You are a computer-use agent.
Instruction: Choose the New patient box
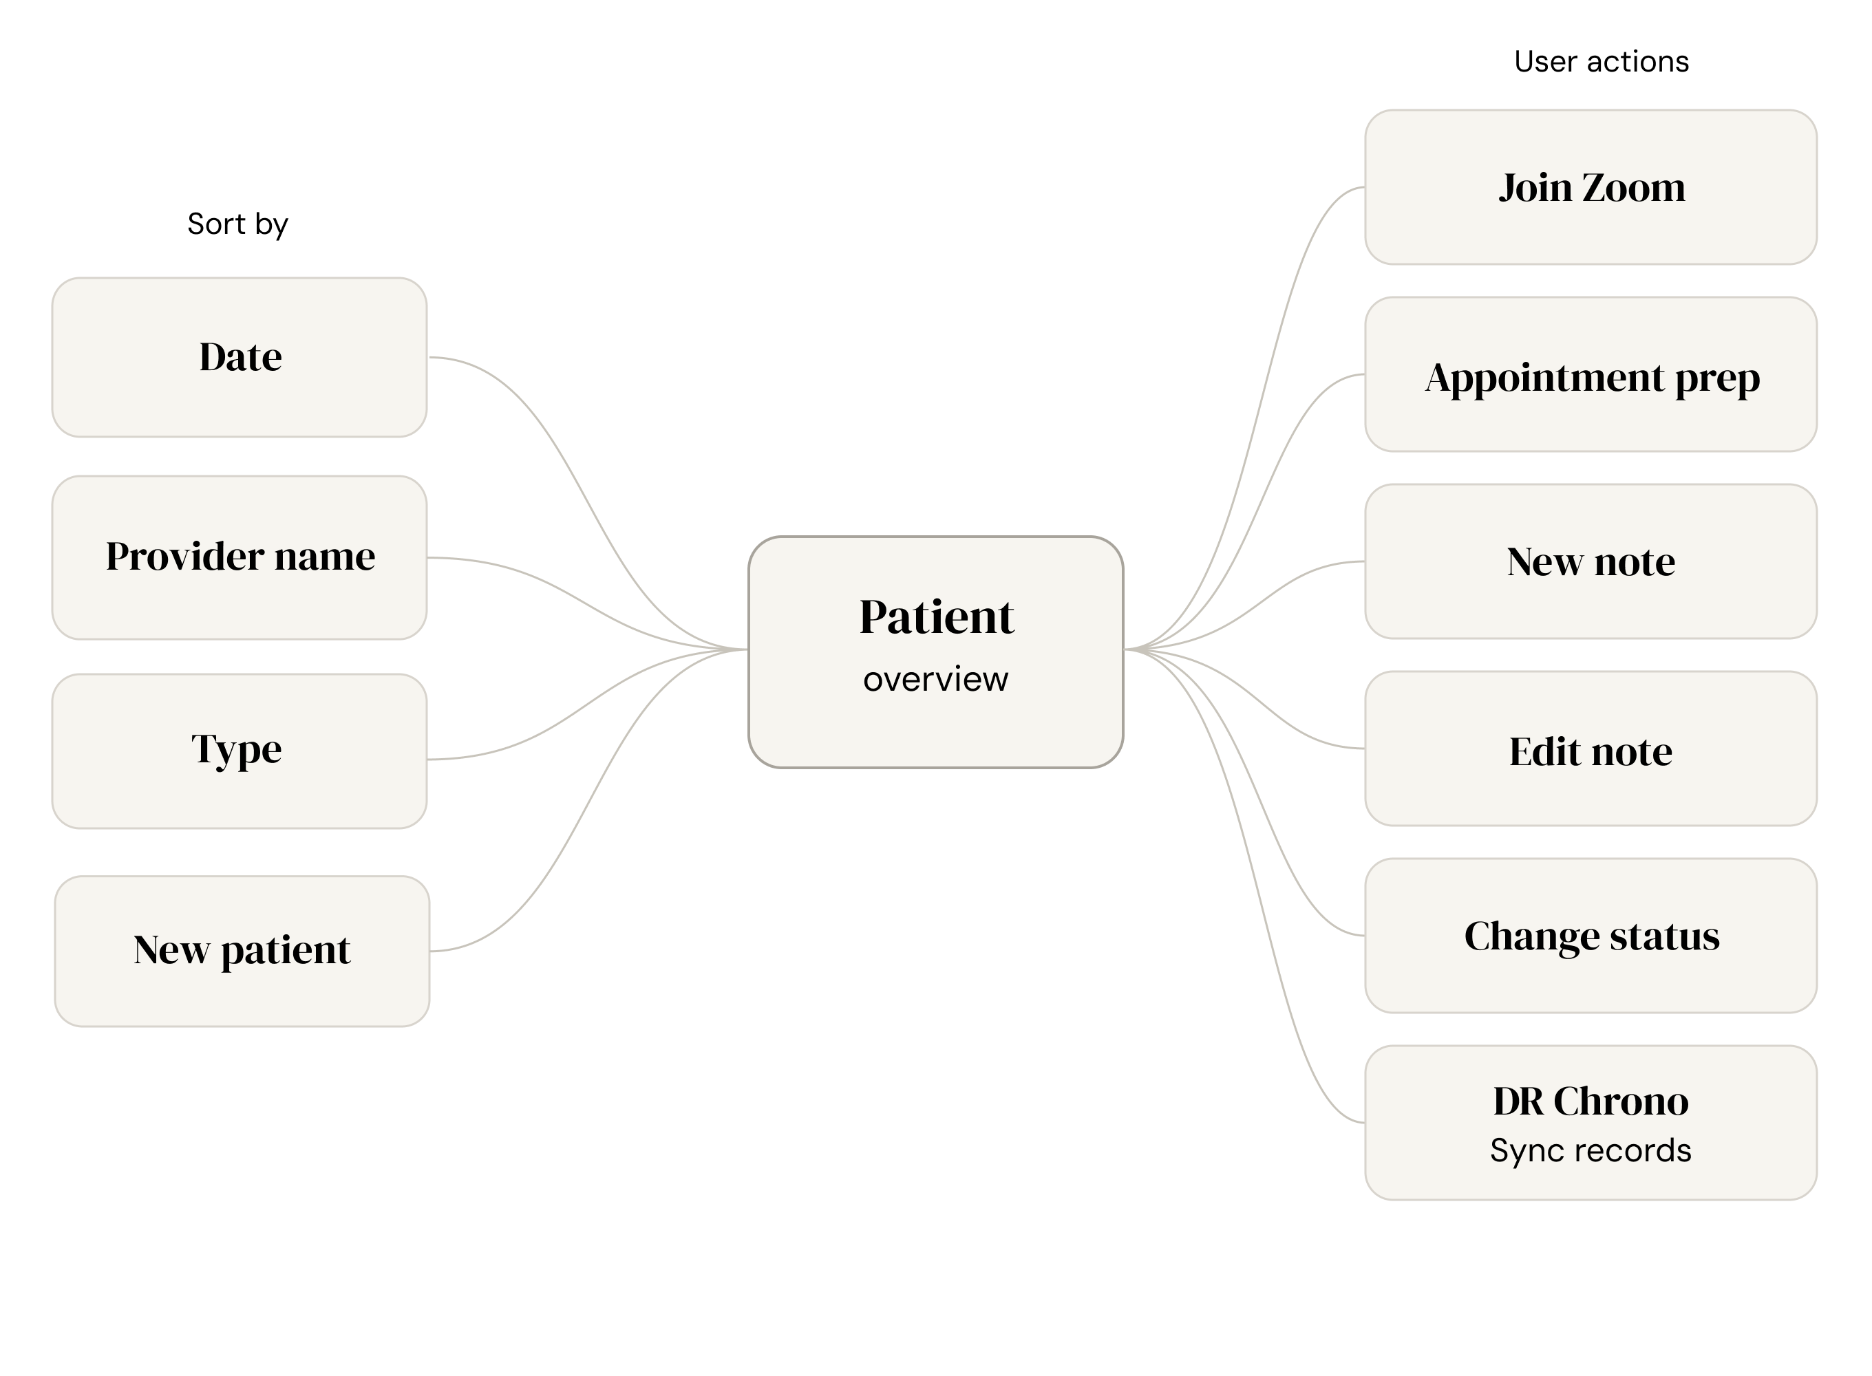(x=242, y=950)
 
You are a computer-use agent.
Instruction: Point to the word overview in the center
(x=935, y=680)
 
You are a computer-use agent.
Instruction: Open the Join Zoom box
(x=1591, y=187)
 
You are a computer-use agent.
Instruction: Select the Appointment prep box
(x=1591, y=376)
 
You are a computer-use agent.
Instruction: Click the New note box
(x=1591, y=561)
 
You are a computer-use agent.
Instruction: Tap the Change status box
(x=1591, y=936)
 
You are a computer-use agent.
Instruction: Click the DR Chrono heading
(x=1591, y=1101)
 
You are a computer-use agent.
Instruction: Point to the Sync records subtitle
(x=1591, y=1150)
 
